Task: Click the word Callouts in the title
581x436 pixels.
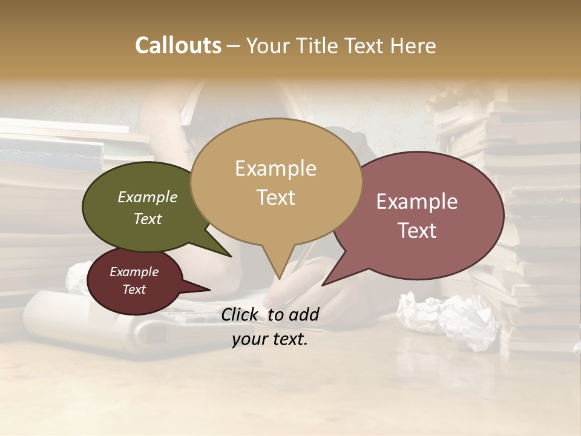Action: point(178,45)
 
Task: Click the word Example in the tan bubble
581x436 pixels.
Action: point(276,168)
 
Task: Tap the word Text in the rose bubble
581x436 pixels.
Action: point(417,231)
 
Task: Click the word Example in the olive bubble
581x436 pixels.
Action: point(148,197)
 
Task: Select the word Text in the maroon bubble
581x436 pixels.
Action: point(134,289)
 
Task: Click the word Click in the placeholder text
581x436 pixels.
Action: point(241,314)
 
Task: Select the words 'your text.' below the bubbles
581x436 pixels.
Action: point(270,340)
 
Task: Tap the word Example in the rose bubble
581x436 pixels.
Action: point(417,202)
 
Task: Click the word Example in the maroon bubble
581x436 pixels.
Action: point(134,272)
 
